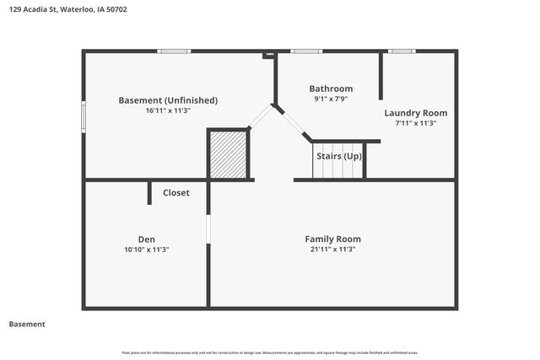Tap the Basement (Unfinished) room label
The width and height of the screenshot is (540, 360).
pos(168,100)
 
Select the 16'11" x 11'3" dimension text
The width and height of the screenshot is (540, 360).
pos(168,110)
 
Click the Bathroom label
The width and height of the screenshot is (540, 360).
pos(331,89)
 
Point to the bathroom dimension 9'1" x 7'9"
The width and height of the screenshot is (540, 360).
pos(331,99)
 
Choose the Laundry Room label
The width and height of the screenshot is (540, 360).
pos(415,113)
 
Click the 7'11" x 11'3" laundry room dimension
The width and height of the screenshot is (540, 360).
pos(415,123)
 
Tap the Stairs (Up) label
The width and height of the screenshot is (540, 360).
pos(339,157)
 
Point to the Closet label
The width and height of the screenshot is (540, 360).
pos(176,193)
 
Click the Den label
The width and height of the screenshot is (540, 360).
pos(147,239)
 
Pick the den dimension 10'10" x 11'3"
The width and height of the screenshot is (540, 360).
pos(147,250)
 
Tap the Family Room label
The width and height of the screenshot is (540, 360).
pos(332,239)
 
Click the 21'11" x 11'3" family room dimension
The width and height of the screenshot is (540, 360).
pos(332,250)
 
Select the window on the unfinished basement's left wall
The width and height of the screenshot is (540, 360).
pos(84,116)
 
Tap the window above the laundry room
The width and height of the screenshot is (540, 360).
pos(402,51)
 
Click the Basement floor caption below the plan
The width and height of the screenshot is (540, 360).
pos(27,325)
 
